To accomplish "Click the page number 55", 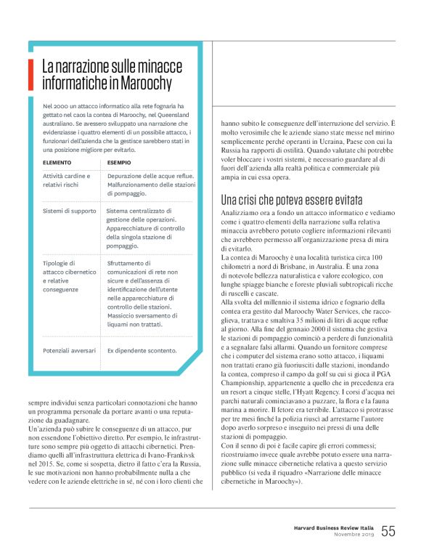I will pyautogui.click(x=388, y=531).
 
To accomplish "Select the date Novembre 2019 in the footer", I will pyautogui.click(x=352, y=535).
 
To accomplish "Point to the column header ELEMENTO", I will pyautogui.click(x=57, y=162).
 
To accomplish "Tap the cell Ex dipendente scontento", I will pyautogui.click(x=142, y=349).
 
